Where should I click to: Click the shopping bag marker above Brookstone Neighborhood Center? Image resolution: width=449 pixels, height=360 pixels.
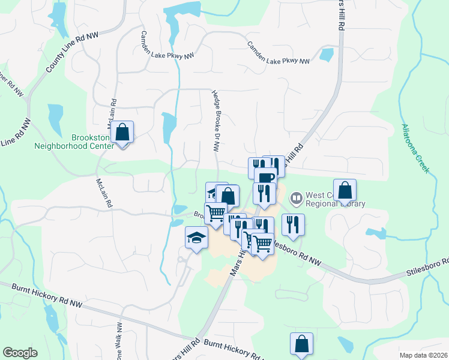[122, 134]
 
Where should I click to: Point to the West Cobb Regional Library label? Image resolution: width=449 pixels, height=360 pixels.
[335, 199]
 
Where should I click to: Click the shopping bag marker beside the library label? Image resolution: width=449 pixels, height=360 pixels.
[345, 191]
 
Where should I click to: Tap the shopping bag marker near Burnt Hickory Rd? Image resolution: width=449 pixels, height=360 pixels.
[302, 345]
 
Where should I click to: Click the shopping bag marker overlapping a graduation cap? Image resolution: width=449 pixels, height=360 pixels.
[228, 196]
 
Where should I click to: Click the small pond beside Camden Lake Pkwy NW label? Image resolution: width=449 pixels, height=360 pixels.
[327, 55]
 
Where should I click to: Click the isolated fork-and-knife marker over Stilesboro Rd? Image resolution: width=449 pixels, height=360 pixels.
[293, 226]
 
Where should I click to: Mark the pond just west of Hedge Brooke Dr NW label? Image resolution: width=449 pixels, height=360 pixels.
[169, 124]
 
